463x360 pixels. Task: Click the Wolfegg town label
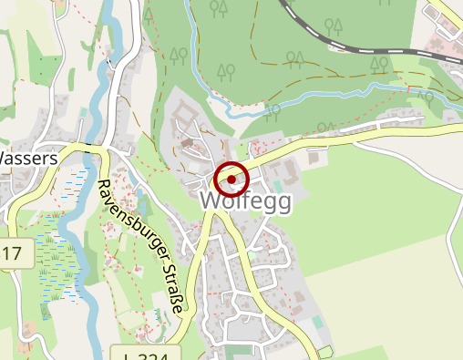point(245,201)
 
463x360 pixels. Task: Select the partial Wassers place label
point(27,158)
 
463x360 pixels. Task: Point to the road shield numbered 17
point(12,252)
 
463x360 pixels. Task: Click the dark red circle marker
point(232,180)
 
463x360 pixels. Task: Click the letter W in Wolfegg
point(211,201)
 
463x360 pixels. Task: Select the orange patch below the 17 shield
point(25,326)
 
